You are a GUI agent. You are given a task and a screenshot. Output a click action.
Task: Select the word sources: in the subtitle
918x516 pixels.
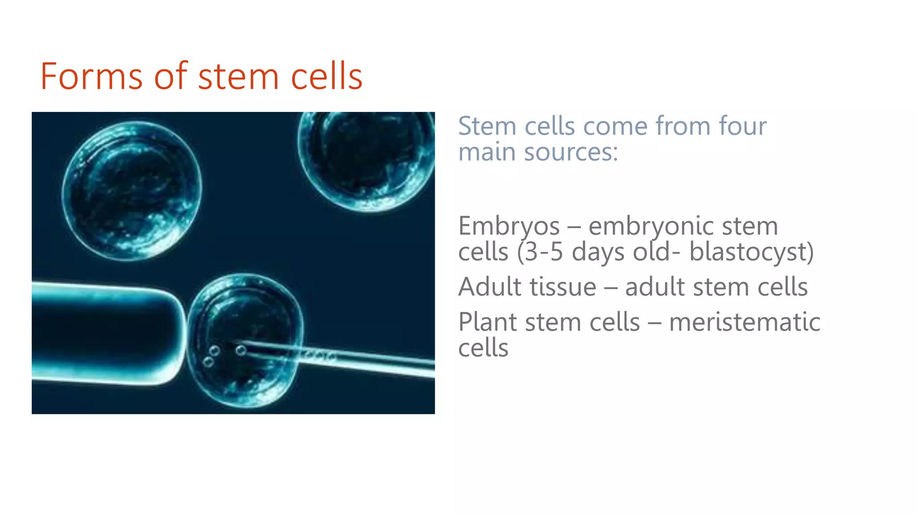tap(571, 152)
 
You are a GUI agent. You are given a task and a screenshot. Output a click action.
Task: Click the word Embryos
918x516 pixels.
tap(509, 226)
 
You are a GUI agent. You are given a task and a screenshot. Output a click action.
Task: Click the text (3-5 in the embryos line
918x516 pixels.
tap(540, 252)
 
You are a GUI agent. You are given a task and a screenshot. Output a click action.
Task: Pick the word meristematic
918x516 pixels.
tap(745, 322)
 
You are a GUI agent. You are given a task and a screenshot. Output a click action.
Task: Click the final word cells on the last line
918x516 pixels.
tap(483, 348)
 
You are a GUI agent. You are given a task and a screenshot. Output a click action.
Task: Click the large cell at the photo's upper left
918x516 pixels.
tap(132, 190)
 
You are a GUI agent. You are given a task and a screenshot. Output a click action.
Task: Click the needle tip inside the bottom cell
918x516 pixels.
tap(236, 344)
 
